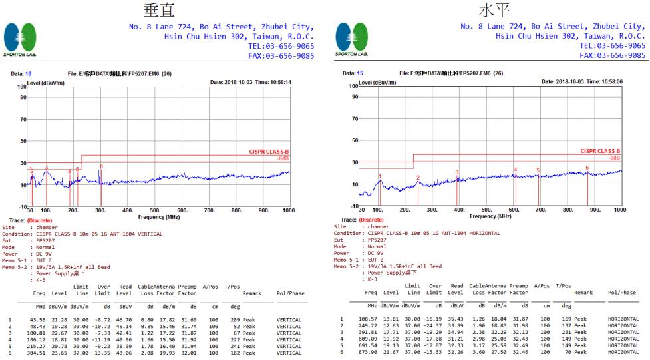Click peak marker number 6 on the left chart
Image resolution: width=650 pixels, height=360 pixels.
[101, 166]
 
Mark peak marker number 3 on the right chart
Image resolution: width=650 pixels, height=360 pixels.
[456, 172]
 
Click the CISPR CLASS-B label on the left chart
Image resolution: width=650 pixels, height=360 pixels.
[269, 152]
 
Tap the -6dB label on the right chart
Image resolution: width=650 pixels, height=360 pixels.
[613, 158]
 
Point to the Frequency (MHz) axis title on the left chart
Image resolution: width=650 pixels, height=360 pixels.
[159, 216]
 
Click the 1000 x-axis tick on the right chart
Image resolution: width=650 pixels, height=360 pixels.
[619, 210]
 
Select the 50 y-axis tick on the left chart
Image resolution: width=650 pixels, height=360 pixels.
[22, 141]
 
